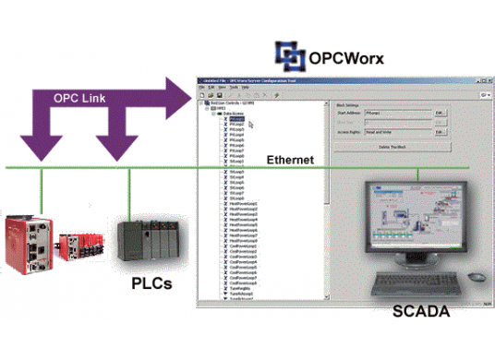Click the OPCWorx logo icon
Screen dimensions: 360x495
coord(289,55)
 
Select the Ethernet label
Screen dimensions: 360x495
coord(290,160)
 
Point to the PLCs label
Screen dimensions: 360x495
coord(151,282)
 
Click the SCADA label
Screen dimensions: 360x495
coord(421,311)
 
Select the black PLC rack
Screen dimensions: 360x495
coord(147,242)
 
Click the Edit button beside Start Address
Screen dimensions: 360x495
coord(441,112)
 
